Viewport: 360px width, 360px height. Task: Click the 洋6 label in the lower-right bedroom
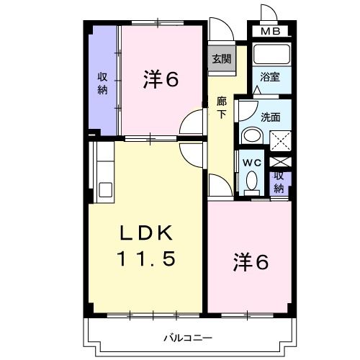click(251, 263)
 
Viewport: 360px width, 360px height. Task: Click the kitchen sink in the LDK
click(104, 189)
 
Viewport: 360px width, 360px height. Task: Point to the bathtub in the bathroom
click(271, 55)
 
